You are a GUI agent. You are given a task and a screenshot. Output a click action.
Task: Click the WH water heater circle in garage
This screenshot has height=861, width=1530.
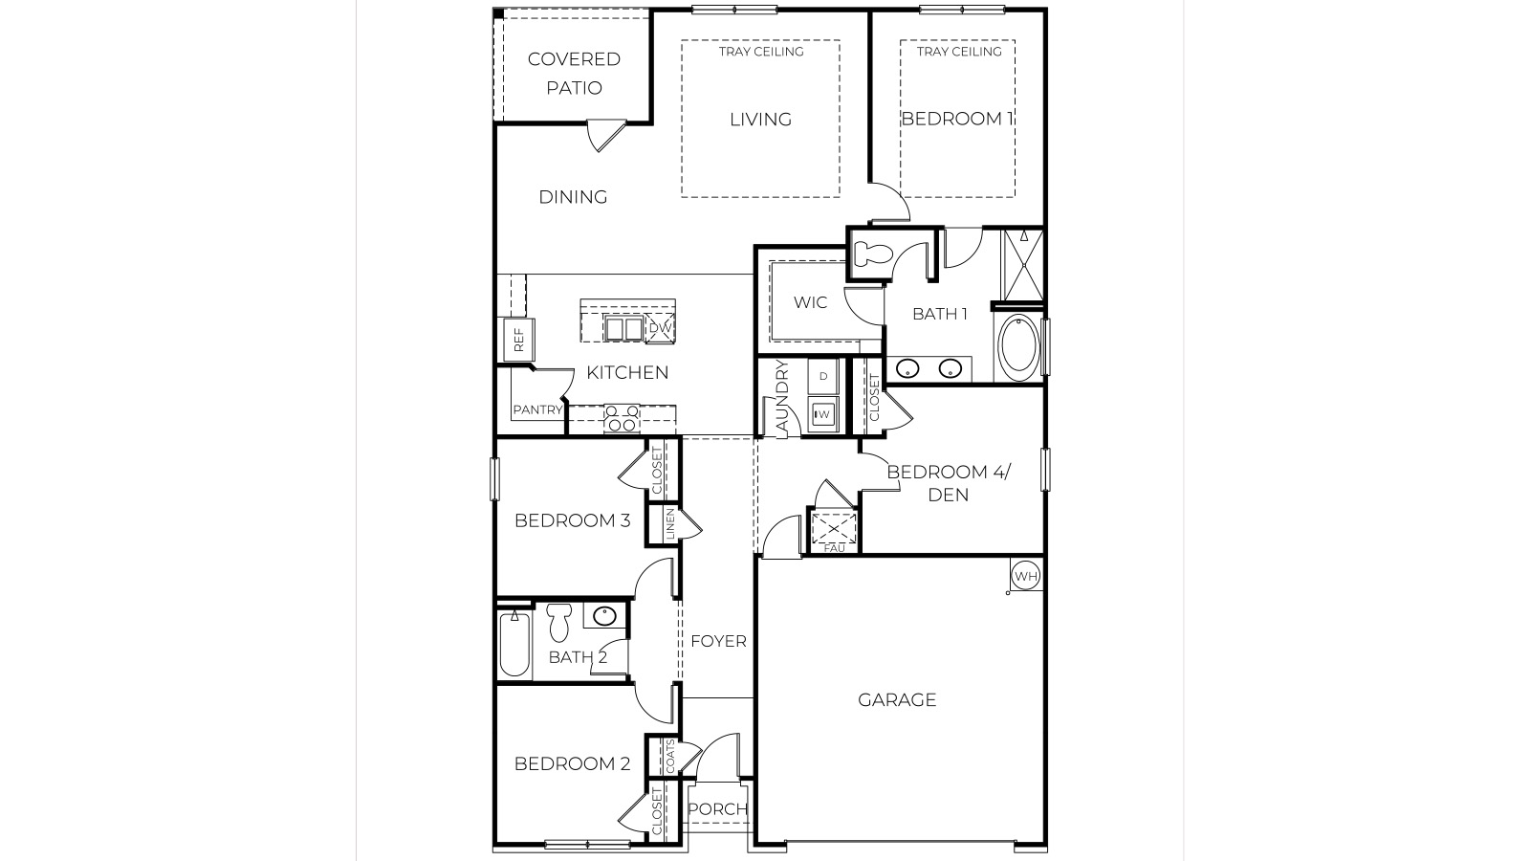(1025, 576)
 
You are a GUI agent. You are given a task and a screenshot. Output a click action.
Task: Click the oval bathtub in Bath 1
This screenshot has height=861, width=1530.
(1017, 349)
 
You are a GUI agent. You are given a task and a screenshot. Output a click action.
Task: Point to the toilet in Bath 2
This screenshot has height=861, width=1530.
(559, 623)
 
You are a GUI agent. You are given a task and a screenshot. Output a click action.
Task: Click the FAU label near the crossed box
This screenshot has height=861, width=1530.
(834, 548)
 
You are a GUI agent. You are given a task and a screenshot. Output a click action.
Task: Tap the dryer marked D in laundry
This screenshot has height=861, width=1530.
(822, 376)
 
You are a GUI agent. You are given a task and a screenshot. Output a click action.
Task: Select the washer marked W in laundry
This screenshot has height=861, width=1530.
(822, 414)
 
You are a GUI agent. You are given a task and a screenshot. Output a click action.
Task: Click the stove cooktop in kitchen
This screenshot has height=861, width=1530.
(623, 418)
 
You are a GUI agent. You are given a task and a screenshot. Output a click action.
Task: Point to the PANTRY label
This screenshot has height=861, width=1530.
(537, 410)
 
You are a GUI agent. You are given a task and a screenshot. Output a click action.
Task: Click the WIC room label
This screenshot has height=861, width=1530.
(810, 302)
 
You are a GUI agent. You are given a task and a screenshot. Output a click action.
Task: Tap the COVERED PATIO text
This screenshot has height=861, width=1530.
(574, 73)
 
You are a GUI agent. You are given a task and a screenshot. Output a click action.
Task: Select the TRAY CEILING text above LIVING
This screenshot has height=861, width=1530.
(761, 52)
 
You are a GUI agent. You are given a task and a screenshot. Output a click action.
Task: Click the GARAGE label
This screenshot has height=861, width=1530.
(897, 700)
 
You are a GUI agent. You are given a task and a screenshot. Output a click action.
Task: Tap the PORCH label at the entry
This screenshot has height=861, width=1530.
(717, 809)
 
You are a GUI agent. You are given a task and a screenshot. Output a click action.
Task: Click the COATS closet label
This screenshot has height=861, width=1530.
(670, 757)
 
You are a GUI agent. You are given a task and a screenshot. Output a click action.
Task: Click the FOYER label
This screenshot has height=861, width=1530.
(718, 641)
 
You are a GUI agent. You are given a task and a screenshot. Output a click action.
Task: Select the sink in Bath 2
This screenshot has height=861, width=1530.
(604, 616)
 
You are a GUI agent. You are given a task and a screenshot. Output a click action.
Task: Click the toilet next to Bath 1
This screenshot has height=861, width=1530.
(871, 254)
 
